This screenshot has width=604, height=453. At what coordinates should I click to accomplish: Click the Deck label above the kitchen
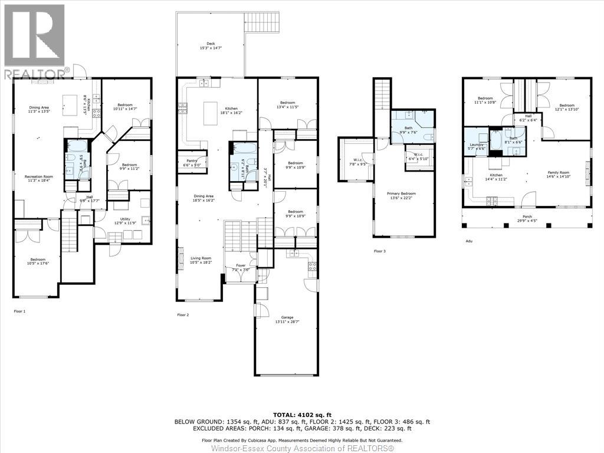click(211, 43)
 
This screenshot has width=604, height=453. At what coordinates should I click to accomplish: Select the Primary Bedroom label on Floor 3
click(401, 193)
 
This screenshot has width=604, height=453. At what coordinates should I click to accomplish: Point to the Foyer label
click(240, 265)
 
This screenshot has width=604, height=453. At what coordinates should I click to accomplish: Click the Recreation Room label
click(37, 176)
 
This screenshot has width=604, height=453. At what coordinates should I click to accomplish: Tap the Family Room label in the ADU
click(557, 173)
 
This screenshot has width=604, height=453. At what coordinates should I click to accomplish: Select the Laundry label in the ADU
click(477, 145)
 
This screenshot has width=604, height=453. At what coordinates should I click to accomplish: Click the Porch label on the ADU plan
click(524, 216)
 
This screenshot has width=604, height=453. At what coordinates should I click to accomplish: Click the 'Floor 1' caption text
click(19, 310)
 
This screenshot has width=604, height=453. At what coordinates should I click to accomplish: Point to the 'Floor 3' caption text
click(380, 251)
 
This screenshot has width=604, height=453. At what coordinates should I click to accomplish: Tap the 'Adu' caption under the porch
click(469, 241)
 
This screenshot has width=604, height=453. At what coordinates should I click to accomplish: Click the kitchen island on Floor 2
click(211, 113)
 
